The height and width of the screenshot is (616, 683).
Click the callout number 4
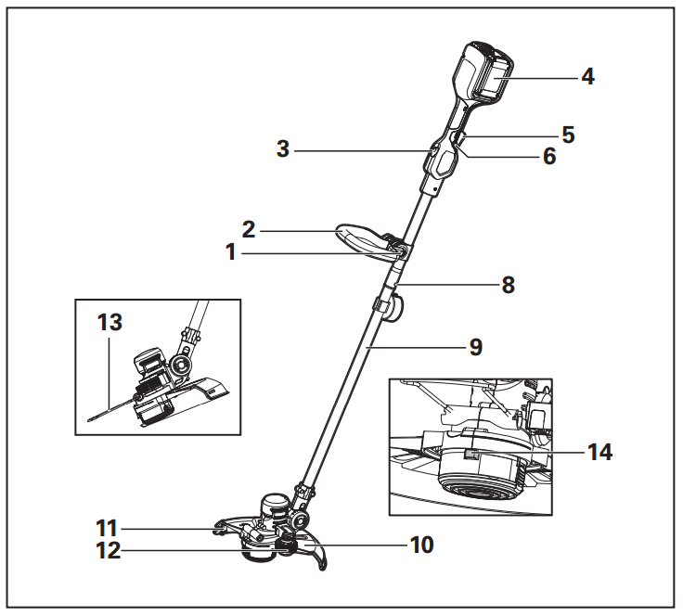587,76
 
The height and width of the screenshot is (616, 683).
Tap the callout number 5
568,135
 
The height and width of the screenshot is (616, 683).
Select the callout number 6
549,157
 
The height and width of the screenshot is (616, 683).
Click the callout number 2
249,227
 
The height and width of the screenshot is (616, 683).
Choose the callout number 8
508,285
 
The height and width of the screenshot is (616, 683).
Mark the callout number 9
475,348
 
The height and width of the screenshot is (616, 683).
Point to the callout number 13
110,322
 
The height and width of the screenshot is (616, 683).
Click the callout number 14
599,453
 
